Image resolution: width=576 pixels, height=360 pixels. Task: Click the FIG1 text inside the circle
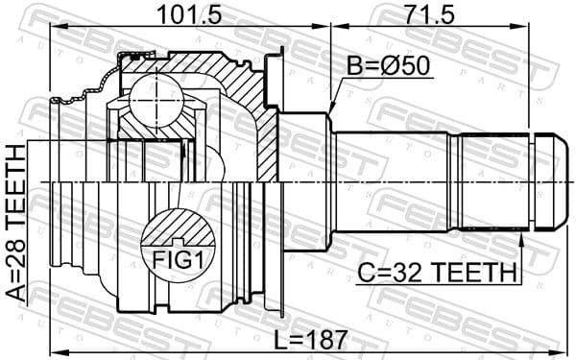(x=175, y=259)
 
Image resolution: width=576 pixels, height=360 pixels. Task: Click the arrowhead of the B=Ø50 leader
(x=332, y=108)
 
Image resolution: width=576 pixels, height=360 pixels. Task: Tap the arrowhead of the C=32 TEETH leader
(x=520, y=233)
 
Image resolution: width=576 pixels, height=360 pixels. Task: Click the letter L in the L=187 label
(x=279, y=338)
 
